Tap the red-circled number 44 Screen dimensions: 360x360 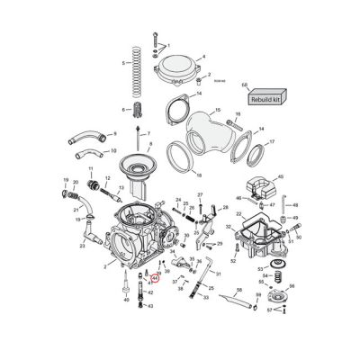click(155, 279)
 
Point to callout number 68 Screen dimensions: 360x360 click(244, 84)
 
